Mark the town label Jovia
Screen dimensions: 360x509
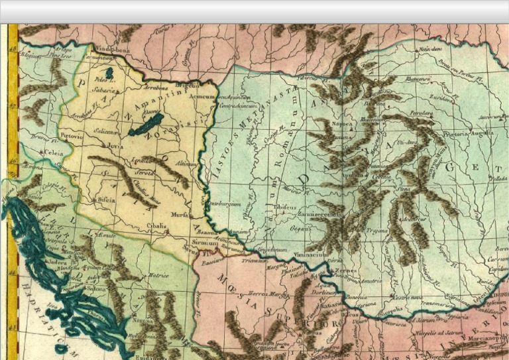click(115, 145)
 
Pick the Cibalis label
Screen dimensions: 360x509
click(158, 226)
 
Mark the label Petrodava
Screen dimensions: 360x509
click(418, 113)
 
